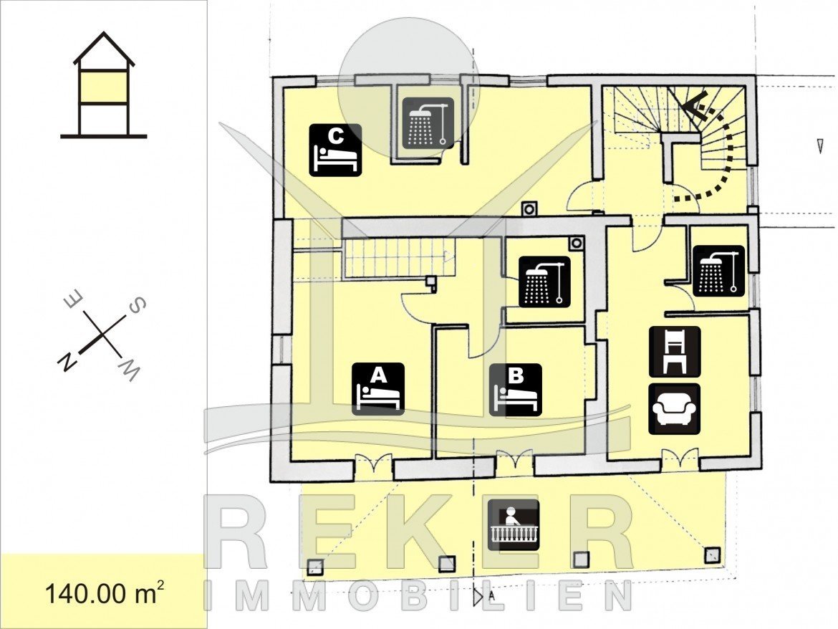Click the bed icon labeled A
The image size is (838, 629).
click(378, 389)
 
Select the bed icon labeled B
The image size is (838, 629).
click(516, 389)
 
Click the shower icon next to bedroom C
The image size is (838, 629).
click(428, 123)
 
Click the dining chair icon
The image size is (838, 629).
click(674, 352)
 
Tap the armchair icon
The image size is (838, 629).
click(674, 409)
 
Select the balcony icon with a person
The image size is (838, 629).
click(513, 525)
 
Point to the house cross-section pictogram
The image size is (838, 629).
click(104, 85)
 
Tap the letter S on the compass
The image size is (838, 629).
click(136, 305)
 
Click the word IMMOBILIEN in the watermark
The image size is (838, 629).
click(419, 595)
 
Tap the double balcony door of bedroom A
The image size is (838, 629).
click(374, 464)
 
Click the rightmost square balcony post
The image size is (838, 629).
click(713, 554)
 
